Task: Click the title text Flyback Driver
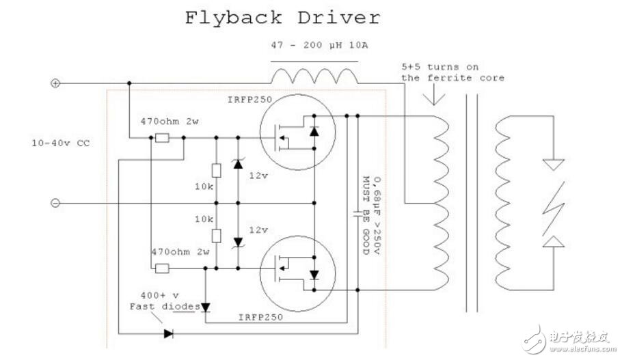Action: [282, 17]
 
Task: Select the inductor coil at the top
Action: [314, 74]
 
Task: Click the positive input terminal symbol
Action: [56, 84]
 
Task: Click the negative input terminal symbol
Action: [56, 203]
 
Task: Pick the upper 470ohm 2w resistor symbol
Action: [162, 137]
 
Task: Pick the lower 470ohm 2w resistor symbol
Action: [162, 268]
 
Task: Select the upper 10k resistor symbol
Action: [217, 171]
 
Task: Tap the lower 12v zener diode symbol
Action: [238, 241]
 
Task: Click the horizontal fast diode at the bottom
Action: [167, 334]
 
